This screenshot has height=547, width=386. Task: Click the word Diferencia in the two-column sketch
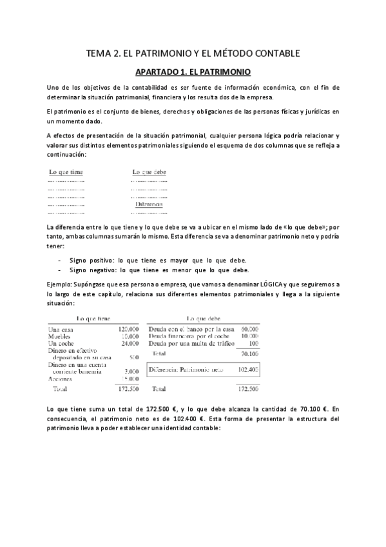point(149,204)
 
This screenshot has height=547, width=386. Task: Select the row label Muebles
point(60,336)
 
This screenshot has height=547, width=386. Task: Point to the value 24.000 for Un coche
point(131,343)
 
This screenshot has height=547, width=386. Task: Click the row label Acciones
point(60,379)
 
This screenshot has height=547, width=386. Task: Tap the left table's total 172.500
point(130,390)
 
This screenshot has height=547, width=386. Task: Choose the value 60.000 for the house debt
point(249,329)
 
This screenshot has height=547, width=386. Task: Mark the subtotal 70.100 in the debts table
point(249,354)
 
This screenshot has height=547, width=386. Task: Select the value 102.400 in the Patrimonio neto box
point(248,370)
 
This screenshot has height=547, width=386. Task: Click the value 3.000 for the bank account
point(132,372)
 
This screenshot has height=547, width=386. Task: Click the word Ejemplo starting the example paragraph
point(61,284)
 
